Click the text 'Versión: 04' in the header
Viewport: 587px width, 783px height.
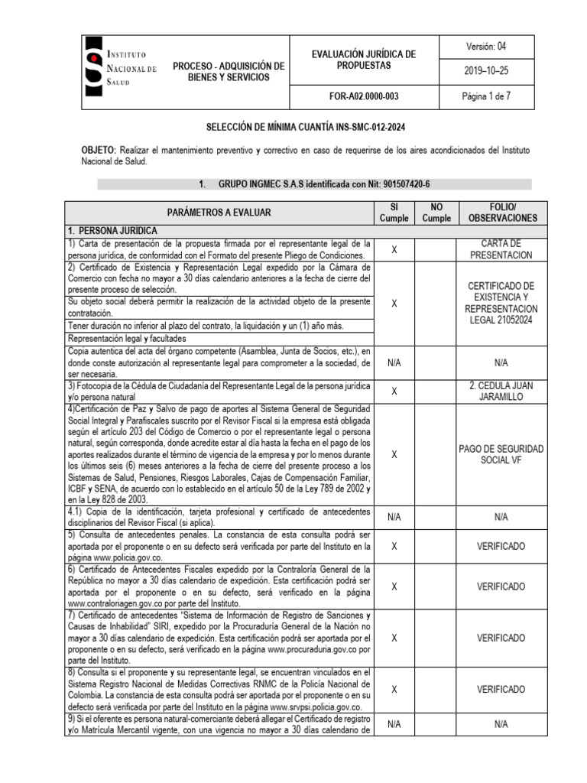click(x=485, y=47)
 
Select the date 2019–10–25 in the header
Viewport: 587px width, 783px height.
click(x=485, y=71)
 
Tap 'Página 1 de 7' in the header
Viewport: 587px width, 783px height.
click(x=485, y=96)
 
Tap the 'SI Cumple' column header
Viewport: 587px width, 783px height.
click(x=394, y=212)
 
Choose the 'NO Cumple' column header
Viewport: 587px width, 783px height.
click(x=436, y=212)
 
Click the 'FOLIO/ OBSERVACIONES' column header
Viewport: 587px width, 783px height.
click(x=501, y=212)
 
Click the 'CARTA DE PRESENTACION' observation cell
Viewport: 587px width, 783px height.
click(x=501, y=249)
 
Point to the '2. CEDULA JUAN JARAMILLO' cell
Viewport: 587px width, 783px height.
click(x=501, y=391)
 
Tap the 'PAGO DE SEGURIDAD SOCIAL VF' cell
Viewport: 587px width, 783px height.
click(x=501, y=454)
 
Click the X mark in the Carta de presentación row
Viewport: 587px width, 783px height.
click(x=394, y=249)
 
